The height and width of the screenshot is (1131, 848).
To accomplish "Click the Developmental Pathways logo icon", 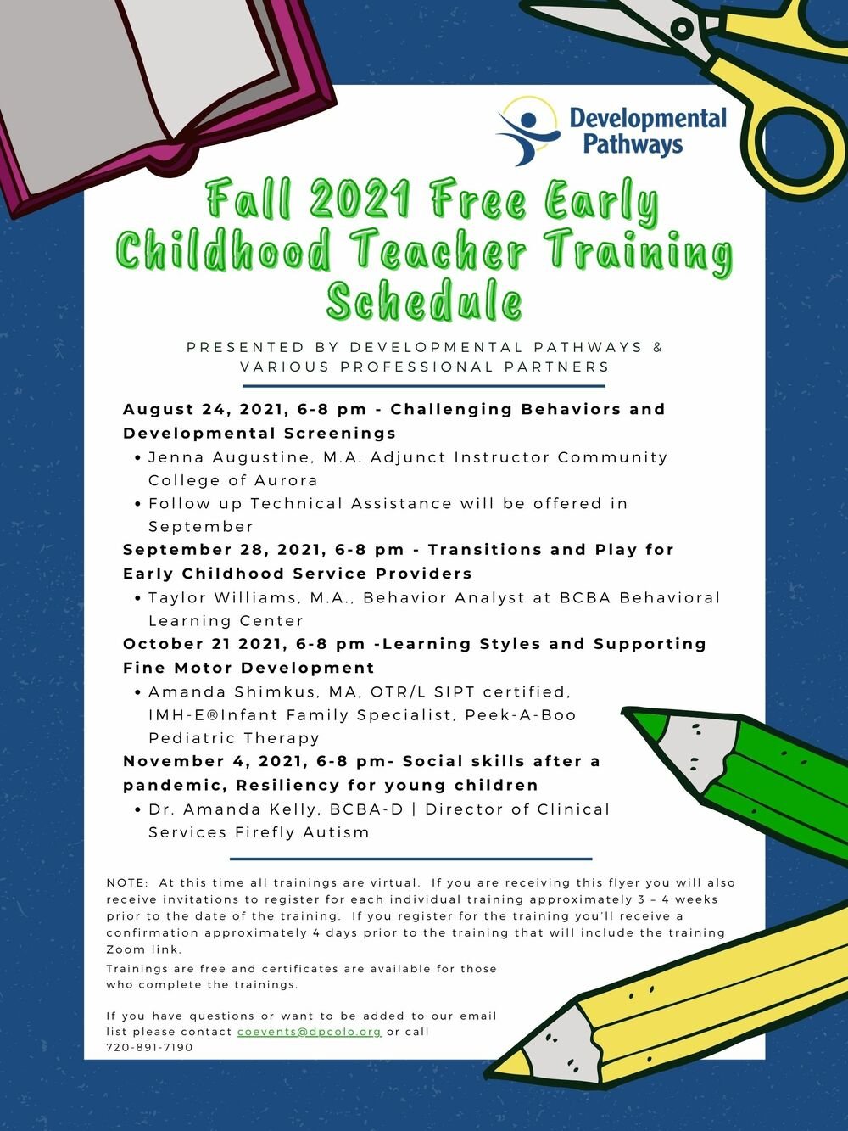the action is click(x=527, y=130).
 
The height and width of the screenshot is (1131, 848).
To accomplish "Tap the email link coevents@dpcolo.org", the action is click(x=309, y=1032).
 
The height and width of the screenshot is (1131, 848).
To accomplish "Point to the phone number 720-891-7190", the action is click(x=149, y=1048).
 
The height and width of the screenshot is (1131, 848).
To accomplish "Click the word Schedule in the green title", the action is click(x=424, y=301).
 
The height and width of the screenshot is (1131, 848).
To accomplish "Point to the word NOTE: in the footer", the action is click(x=127, y=883).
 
